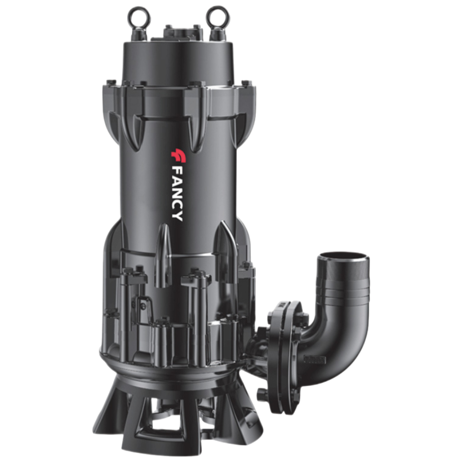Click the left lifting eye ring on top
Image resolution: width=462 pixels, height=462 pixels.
[139, 15]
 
